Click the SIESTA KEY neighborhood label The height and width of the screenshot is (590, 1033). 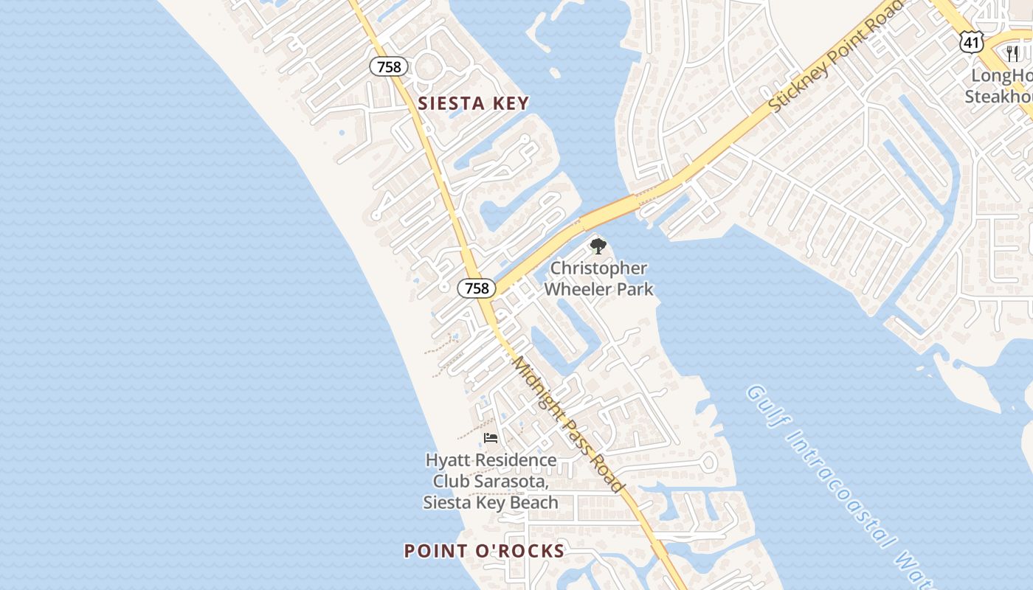(x=474, y=103)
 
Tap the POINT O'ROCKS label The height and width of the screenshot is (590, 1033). (x=484, y=551)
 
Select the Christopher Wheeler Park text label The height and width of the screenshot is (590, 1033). (x=598, y=279)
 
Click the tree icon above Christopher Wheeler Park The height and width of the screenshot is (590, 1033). (x=598, y=246)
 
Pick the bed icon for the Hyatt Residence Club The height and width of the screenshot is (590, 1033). (x=490, y=438)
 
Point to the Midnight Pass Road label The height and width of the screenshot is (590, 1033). (x=569, y=425)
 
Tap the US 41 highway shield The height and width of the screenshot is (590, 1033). (x=972, y=42)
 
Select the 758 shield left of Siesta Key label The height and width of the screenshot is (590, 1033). (x=388, y=67)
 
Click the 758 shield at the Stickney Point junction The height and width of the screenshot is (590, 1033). (x=477, y=288)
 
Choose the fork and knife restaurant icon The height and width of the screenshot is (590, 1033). (x=1012, y=53)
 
